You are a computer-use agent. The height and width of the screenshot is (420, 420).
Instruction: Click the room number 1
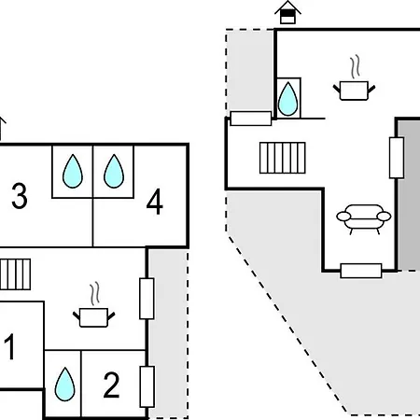point(10,346)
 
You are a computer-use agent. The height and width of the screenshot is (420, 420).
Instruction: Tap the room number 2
point(111,385)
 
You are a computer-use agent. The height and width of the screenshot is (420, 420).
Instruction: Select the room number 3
point(20,196)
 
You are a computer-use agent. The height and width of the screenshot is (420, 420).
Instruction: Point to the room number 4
point(155,202)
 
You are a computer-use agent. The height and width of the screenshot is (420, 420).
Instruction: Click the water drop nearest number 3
point(73,171)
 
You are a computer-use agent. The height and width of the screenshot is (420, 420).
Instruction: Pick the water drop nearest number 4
point(114,171)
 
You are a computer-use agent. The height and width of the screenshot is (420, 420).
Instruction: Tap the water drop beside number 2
point(64,385)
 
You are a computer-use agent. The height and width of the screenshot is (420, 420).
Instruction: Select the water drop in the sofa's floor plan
point(287,99)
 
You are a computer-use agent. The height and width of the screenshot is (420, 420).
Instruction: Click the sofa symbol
point(364,218)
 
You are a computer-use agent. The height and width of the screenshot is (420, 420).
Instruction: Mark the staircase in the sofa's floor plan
point(283,158)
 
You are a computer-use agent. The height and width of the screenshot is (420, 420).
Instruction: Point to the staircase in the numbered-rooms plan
point(15,274)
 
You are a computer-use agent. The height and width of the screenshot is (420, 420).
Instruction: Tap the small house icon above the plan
point(287,12)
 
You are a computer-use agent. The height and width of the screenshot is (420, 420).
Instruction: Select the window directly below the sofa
point(361,271)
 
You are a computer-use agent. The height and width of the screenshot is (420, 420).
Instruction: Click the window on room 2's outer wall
point(147,386)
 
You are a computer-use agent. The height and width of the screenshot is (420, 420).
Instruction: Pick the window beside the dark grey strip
point(397,158)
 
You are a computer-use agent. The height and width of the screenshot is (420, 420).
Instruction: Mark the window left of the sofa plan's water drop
point(251,119)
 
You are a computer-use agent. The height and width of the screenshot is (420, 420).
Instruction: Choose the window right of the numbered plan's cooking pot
point(147,299)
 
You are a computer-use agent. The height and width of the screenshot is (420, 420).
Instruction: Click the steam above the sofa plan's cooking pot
point(356,66)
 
